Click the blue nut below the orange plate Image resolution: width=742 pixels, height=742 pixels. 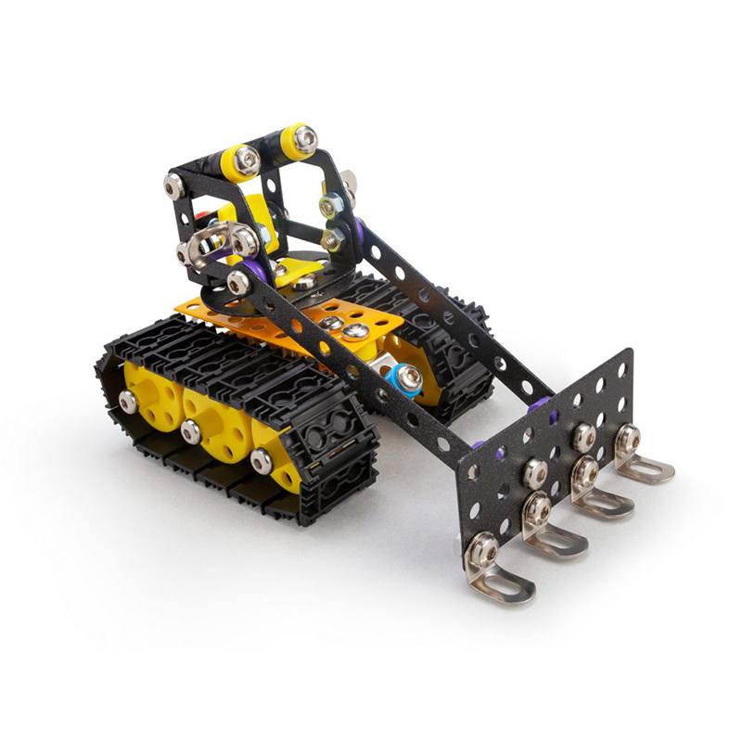pyautogui.click(x=405, y=378)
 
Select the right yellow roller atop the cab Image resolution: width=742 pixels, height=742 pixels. pyautogui.click(x=299, y=139)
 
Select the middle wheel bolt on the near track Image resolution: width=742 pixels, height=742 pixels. pyautogui.click(x=192, y=430)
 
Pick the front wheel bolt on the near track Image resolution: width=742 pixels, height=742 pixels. pyautogui.click(x=262, y=460)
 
